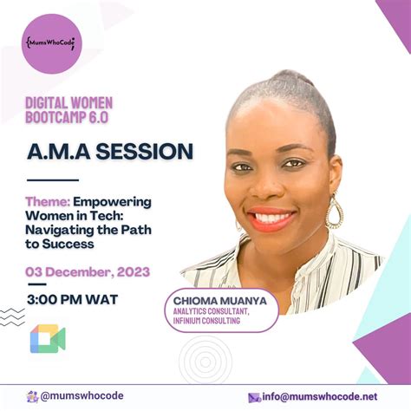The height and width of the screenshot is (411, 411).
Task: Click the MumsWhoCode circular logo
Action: pos(50,42)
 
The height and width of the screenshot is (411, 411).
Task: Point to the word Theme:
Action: pos(47,201)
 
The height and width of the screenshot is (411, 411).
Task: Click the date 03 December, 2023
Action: pos(88,271)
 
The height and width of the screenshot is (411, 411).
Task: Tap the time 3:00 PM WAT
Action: pos(74,300)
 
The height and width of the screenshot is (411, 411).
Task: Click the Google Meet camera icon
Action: pos(48,339)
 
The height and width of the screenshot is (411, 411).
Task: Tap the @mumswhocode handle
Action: pos(82,396)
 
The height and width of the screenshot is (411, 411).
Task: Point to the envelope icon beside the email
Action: pos(255,397)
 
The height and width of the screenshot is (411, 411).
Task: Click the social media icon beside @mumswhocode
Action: pos(31,396)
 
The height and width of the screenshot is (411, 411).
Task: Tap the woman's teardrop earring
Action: pos(334,211)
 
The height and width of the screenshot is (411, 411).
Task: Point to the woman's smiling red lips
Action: pos(271,218)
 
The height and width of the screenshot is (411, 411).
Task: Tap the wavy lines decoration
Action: pos(12,317)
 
